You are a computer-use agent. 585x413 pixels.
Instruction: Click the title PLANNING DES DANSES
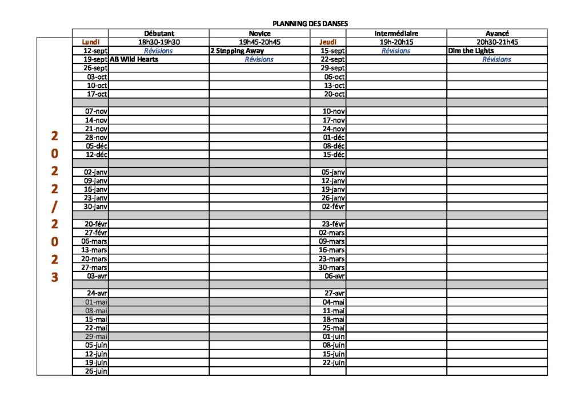tap(310, 24)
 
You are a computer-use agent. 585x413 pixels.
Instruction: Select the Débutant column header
tap(159, 33)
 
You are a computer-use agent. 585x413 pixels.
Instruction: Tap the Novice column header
tap(259, 33)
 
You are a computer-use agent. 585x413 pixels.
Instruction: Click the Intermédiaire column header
tap(396, 33)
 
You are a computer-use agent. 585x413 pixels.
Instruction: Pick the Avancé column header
tap(496, 33)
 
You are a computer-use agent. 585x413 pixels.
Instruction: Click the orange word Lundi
tap(91, 42)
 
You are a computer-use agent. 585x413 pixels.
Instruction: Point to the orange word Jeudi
tap(328, 42)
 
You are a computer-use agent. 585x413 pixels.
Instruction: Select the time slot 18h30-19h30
tap(159, 42)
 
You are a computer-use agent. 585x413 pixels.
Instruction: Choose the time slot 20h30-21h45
tap(496, 42)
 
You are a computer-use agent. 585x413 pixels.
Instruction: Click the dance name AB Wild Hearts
tap(134, 59)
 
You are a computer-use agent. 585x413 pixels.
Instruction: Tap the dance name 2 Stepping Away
tap(237, 51)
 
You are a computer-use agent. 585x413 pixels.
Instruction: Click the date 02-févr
tap(333, 206)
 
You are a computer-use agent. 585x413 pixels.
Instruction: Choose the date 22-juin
tap(333, 362)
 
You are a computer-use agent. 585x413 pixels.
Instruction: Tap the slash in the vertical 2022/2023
tap(54, 206)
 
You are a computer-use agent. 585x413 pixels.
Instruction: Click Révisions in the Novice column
tap(259, 59)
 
